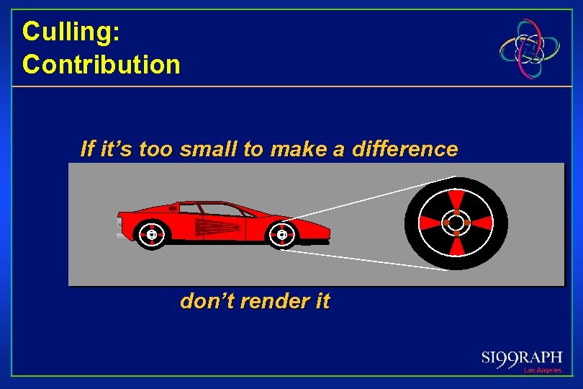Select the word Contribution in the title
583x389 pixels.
101,65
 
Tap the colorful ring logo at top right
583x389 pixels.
531,48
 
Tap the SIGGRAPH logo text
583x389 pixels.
522,359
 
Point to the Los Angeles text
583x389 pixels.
543,370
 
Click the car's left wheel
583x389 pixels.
152,234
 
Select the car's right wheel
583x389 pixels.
281,234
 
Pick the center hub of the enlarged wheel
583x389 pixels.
456,223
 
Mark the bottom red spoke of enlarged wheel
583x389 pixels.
456,246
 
